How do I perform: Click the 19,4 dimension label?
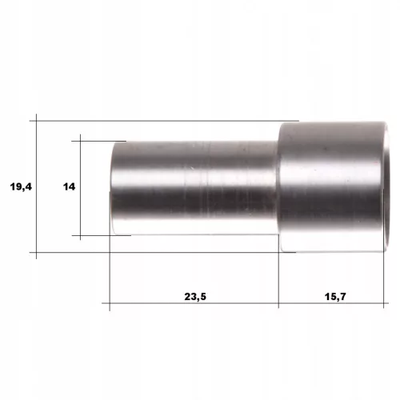pos(21,186)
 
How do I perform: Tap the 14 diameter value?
pos(69,186)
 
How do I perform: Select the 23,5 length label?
pos(195,297)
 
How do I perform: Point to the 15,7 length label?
pos(335,297)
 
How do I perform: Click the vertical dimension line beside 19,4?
pos(36,186)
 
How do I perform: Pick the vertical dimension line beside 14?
pos(80,187)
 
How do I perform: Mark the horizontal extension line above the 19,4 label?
pos(164,121)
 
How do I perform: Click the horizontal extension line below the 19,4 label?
pos(162,252)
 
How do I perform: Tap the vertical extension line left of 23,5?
pos(110,250)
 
